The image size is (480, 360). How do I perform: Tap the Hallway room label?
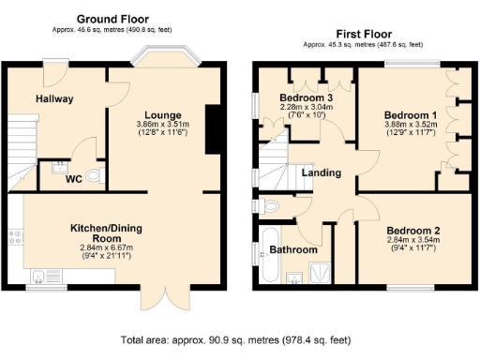click(x=55, y=98)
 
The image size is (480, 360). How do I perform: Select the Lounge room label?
click(x=157, y=113)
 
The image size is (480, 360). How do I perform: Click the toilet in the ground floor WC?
click(x=93, y=174)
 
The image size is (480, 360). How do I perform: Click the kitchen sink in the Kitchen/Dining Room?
click(x=40, y=275)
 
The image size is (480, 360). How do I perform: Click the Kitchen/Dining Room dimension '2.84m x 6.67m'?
click(x=105, y=248)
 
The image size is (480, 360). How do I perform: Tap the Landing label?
click(x=322, y=172)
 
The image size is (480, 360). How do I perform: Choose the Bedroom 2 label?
click(x=413, y=231)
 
